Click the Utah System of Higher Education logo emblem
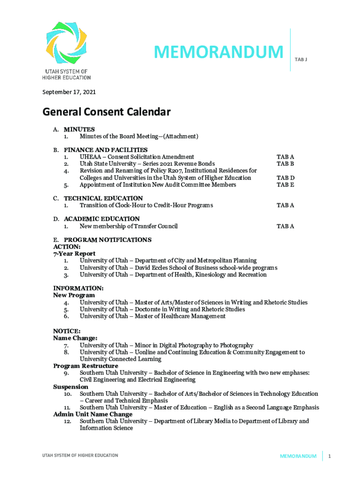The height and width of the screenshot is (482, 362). pyautogui.click(x=66, y=43)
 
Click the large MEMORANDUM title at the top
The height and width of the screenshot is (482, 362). pyautogui.click(x=219, y=52)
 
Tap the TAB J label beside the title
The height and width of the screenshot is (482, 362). pyautogui.click(x=301, y=60)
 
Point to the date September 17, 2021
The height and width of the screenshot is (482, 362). pyautogui.click(x=69, y=92)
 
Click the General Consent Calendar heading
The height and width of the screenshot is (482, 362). pyautogui.click(x=106, y=112)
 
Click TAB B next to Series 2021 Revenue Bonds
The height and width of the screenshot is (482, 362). pyautogui.click(x=285, y=164)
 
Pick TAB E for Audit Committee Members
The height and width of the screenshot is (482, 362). pyautogui.click(x=285, y=185)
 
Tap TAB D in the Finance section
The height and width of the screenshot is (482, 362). pyautogui.click(x=285, y=178)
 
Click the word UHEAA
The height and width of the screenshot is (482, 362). pyautogui.click(x=90, y=157)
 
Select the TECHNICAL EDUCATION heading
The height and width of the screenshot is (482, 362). pyautogui.click(x=103, y=198)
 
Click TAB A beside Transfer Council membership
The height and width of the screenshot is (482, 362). pyautogui.click(x=285, y=226)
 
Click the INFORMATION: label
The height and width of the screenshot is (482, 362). pyautogui.click(x=79, y=288)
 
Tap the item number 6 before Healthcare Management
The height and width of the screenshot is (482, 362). pyautogui.click(x=67, y=316)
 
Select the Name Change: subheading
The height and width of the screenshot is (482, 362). pyautogui.click(x=75, y=338)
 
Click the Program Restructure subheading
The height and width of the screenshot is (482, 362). pyautogui.click(x=86, y=366)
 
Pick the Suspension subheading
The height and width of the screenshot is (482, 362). pyautogui.click(x=71, y=386)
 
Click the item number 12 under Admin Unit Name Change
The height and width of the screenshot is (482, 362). pyautogui.click(x=67, y=421)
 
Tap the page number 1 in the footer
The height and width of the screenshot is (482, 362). pyautogui.click(x=331, y=456)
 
